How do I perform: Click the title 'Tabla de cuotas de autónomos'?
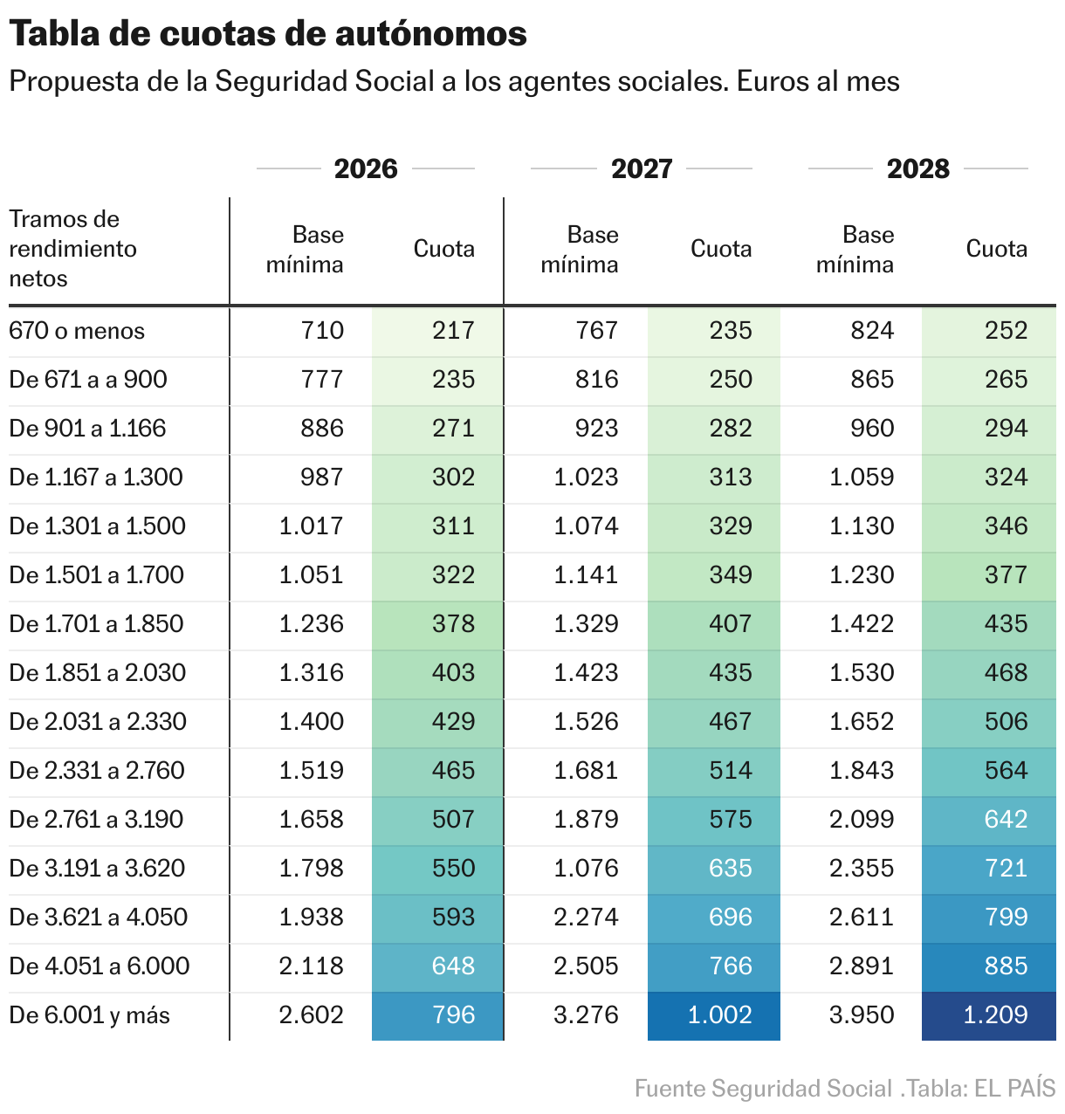coord(268,34)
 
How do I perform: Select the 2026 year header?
coord(366,168)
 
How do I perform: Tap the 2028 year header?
coord(917,168)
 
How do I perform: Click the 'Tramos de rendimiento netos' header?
coord(73,249)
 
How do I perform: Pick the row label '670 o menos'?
coord(77,331)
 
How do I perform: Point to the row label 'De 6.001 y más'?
coord(89,1015)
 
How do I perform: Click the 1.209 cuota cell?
coord(995,1015)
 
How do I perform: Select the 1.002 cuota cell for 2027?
coord(719,1015)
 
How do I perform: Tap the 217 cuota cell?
coord(453,331)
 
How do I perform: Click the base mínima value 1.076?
coord(586,869)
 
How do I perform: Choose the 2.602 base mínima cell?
coord(312,1015)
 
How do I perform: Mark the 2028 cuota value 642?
coord(1006,820)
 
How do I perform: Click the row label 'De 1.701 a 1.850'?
coord(96,624)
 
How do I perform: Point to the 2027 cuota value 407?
coord(730,624)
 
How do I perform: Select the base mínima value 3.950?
coord(861,1015)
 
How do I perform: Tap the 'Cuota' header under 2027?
coord(720,249)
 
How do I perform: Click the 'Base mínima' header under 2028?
coord(855,250)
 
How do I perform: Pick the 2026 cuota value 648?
coord(453,966)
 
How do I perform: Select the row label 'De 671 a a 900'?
coord(88,380)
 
